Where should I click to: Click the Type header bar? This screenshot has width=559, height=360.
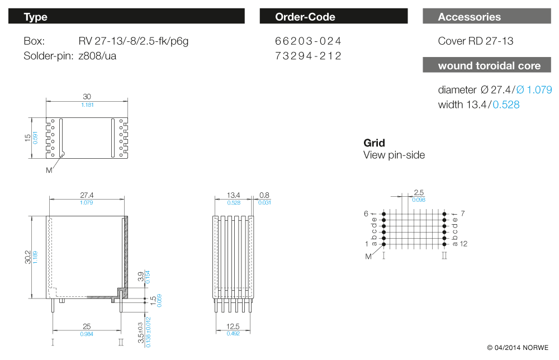(x=126, y=17)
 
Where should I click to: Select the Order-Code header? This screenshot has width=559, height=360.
(x=333, y=17)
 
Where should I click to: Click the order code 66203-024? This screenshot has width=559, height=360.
(x=308, y=41)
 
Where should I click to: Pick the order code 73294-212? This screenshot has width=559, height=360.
(x=308, y=56)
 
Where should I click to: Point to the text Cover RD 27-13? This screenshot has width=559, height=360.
(x=475, y=41)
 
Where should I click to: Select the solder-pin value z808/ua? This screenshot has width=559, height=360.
(x=98, y=56)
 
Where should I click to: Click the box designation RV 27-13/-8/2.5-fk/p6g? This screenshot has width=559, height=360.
(x=137, y=41)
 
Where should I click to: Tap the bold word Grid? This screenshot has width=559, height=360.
(x=374, y=143)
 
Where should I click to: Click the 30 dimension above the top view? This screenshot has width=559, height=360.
(x=87, y=97)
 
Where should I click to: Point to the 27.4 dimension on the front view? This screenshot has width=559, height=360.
(x=87, y=195)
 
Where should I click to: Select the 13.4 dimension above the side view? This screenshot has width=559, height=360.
(x=233, y=195)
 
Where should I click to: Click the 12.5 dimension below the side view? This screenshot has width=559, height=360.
(x=233, y=326)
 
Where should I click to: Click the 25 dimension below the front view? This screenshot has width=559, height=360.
(x=87, y=326)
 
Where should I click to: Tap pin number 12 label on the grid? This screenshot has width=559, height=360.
(x=463, y=244)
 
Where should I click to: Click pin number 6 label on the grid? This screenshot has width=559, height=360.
(x=366, y=214)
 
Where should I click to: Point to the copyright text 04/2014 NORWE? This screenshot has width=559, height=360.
(x=518, y=347)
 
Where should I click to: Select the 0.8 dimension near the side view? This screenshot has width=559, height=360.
(x=264, y=195)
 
